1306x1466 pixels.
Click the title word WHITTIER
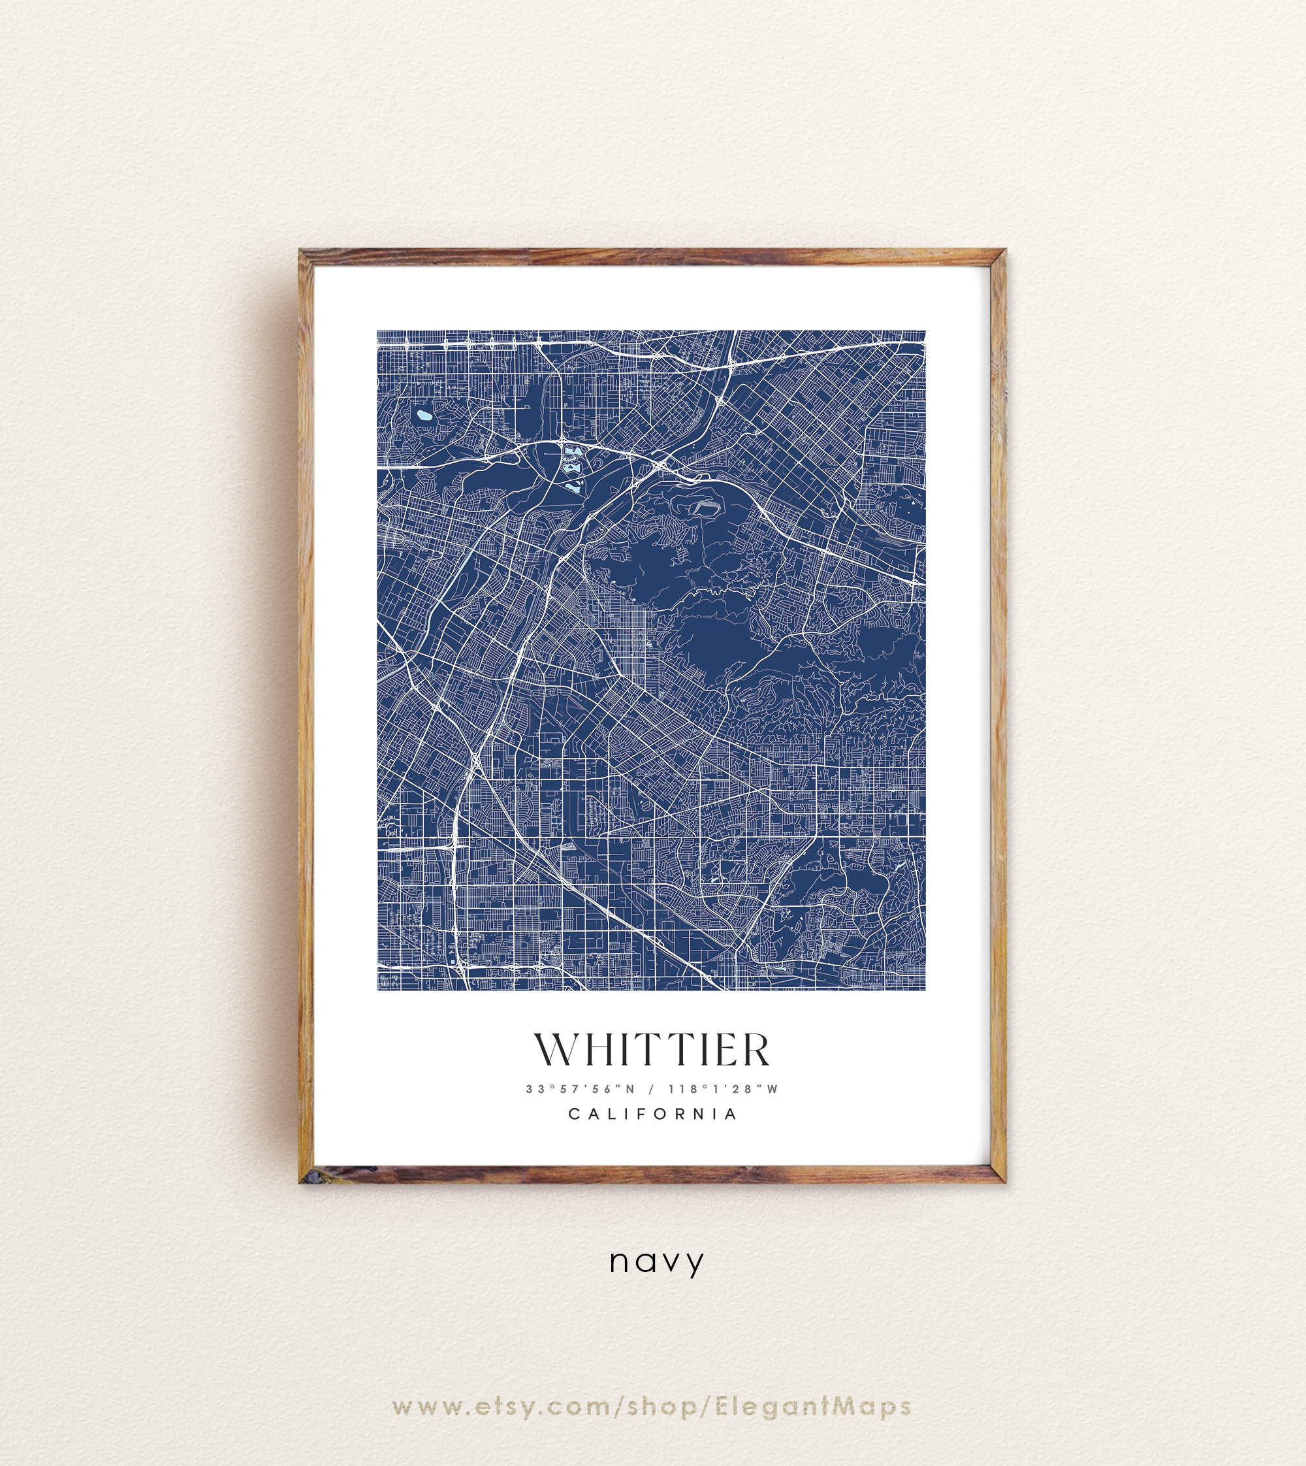click(652, 1050)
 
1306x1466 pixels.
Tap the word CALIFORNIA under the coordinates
click(652, 1115)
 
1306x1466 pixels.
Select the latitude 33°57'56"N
click(581, 1089)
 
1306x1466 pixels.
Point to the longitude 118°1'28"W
click(723, 1089)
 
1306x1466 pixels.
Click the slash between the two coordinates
click(652, 1089)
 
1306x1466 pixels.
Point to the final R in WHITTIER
click(754, 1050)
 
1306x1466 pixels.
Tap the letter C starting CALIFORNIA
click(574, 1115)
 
